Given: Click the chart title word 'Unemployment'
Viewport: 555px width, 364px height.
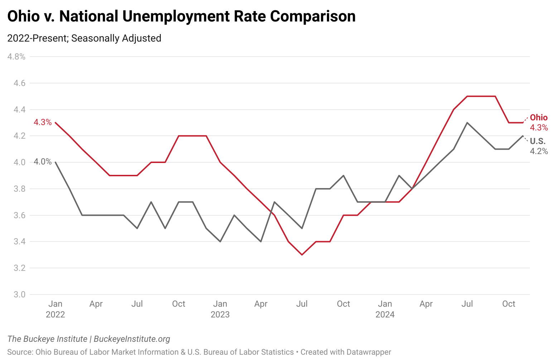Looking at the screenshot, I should pyautogui.click(x=192, y=16).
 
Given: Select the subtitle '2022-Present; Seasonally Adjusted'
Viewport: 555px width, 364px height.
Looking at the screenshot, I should pyautogui.click(x=84, y=38).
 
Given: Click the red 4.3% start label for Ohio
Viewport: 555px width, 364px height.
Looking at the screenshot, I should pyautogui.click(x=43, y=123).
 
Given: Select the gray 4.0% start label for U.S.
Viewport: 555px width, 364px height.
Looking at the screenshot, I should pyautogui.click(x=43, y=162).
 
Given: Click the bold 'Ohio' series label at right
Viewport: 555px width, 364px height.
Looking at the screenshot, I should pyautogui.click(x=539, y=118).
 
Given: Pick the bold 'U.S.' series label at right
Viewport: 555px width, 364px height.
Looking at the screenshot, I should pyautogui.click(x=537, y=141).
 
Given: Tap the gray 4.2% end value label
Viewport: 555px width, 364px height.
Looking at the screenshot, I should pyautogui.click(x=539, y=151).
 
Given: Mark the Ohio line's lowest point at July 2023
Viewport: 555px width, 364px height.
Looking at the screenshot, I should pyautogui.click(x=302, y=255).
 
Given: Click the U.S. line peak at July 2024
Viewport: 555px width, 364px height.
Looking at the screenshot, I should pyautogui.click(x=467, y=123).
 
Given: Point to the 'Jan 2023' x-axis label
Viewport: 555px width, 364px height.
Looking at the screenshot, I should pyautogui.click(x=220, y=309).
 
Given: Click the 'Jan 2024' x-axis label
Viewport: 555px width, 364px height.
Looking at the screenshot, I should pyautogui.click(x=385, y=309).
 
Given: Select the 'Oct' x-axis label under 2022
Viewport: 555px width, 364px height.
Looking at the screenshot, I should pyautogui.click(x=179, y=304).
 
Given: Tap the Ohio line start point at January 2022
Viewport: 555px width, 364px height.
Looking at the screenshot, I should pyautogui.click(x=55, y=123).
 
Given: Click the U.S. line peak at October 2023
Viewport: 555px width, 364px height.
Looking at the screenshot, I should pyautogui.click(x=343, y=176).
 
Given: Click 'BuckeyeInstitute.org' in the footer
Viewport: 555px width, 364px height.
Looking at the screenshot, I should pyautogui.click(x=132, y=339).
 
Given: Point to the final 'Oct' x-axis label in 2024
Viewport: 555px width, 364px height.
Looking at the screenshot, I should pyautogui.click(x=508, y=304).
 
